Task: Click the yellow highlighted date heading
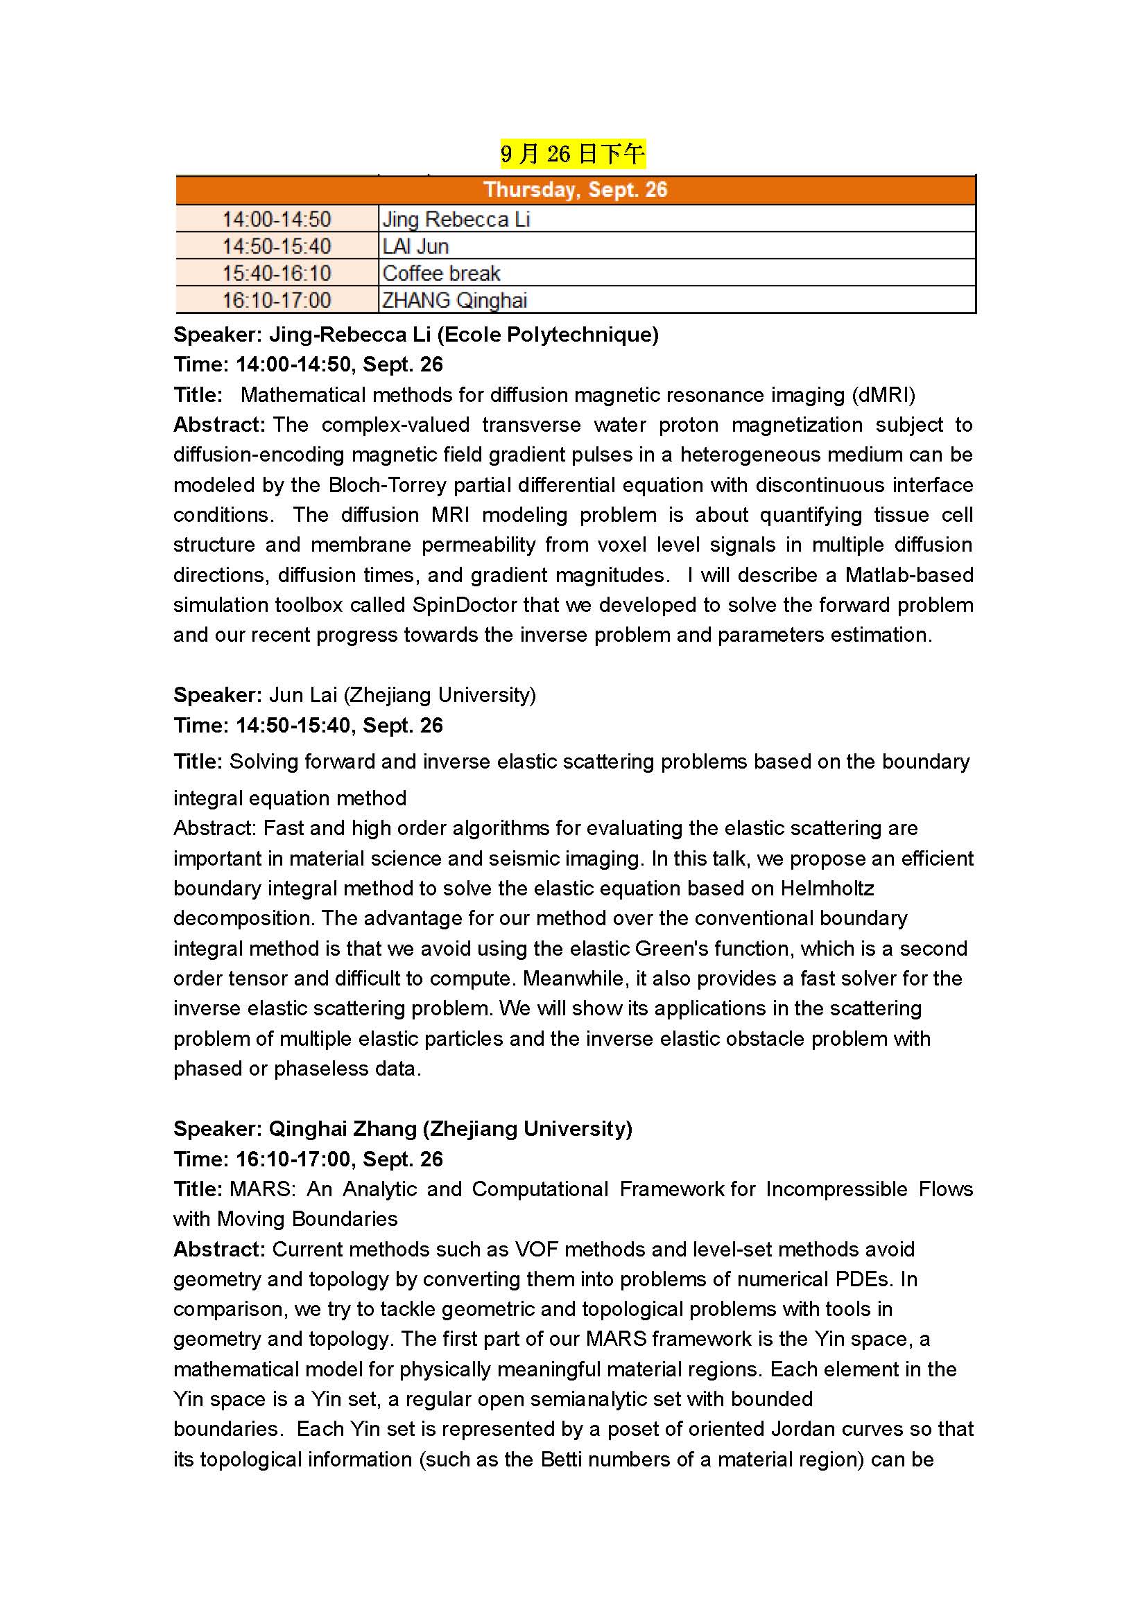tap(572, 154)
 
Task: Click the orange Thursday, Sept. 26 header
tap(575, 190)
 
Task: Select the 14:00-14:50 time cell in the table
tap(277, 220)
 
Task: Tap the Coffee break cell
tap(442, 273)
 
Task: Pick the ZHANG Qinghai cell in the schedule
tap(455, 301)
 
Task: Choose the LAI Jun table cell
tap(416, 247)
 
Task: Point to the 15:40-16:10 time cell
tap(277, 273)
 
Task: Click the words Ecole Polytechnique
tap(547, 335)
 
